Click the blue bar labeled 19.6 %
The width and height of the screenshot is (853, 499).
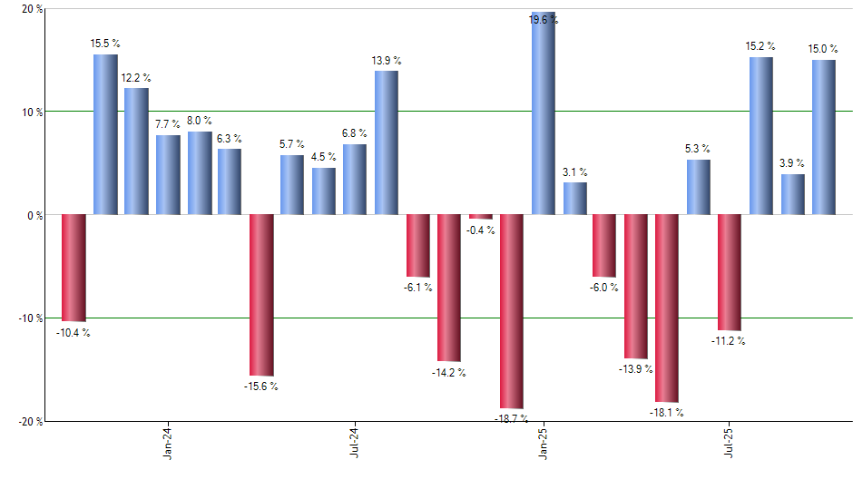[543, 113]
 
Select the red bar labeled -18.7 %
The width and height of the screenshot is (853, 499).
[512, 311]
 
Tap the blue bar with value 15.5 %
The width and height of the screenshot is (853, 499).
[105, 134]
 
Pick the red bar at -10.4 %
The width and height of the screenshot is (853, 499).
[74, 269]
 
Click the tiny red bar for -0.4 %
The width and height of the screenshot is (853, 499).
[481, 217]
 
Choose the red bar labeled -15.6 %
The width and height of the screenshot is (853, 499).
[261, 295]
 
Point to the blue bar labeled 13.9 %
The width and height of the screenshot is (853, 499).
[386, 142]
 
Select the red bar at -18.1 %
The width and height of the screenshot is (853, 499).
[667, 308]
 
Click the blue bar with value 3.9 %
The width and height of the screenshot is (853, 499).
[793, 194]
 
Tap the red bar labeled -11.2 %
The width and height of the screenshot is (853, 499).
[730, 272]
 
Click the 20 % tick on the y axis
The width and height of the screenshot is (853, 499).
[33, 10]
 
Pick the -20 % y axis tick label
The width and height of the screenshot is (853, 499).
[31, 422]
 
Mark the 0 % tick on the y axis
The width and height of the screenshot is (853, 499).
[35, 216]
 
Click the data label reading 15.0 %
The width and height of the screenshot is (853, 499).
[824, 49]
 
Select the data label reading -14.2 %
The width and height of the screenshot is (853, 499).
[449, 373]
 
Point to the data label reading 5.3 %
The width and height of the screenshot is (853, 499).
[698, 149]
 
